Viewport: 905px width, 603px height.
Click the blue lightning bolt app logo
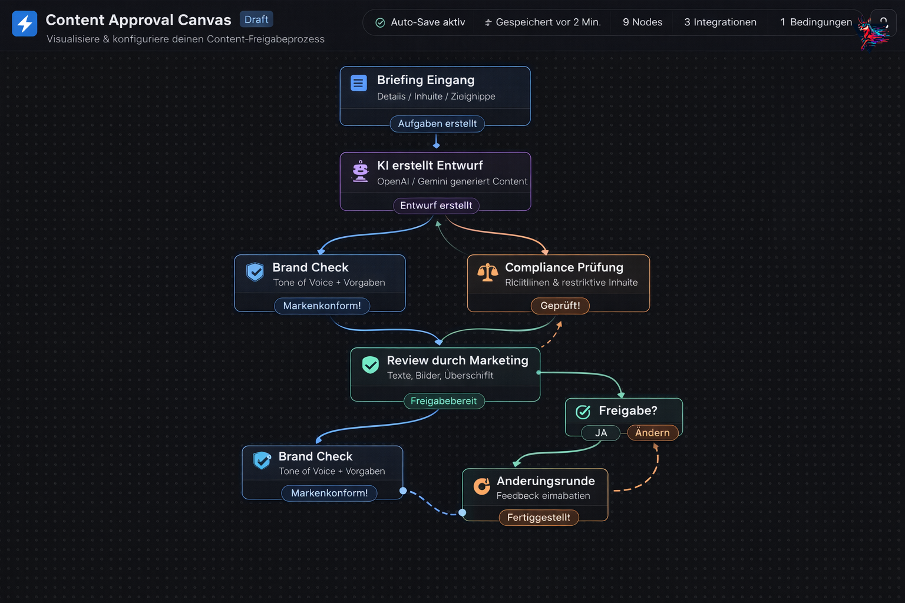[25, 24]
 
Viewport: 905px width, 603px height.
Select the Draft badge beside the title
[256, 19]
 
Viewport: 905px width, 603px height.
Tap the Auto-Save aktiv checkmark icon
[380, 23]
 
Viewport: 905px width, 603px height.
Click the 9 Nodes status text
[642, 22]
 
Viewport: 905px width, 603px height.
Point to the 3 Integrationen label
[720, 22]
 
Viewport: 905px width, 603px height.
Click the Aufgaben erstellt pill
[437, 124]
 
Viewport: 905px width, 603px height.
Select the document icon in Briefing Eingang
[358, 83]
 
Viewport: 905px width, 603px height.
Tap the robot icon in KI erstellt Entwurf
[360, 171]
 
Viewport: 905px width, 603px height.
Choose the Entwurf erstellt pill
[436, 206]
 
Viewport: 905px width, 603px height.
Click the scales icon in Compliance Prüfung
[487, 273]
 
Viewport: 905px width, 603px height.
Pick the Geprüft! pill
[560, 306]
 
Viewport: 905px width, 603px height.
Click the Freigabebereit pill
[444, 401]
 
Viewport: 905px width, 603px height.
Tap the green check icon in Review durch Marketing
[371, 365]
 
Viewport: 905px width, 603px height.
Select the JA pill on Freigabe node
[601, 433]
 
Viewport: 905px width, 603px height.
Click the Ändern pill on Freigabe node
[652, 433]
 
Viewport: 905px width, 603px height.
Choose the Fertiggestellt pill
[539, 518]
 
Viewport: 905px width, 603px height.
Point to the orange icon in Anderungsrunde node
[482, 486]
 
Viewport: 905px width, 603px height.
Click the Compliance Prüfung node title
[564, 267]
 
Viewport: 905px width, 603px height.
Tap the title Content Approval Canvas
[138, 20]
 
